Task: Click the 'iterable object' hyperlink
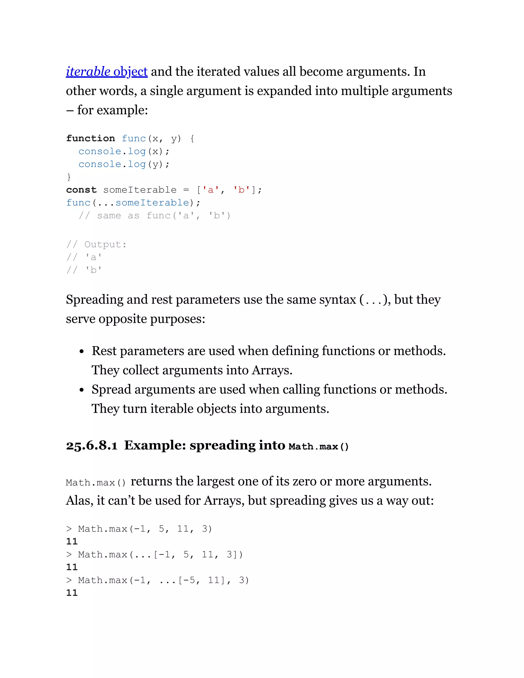click(x=106, y=72)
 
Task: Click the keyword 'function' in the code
click(x=90, y=138)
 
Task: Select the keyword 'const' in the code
click(x=81, y=190)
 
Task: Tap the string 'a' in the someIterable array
click(x=211, y=190)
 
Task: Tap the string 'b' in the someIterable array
click(x=242, y=190)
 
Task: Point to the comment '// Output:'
click(x=96, y=245)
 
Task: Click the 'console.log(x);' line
click(x=124, y=151)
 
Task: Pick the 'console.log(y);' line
click(x=124, y=164)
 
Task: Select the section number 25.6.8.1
click(x=92, y=446)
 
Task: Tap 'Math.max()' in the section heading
click(x=319, y=447)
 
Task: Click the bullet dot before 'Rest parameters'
click(x=82, y=352)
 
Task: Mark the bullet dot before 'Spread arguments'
click(x=82, y=390)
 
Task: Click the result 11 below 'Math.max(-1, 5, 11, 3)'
click(x=72, y=542)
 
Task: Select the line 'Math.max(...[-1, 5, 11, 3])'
click(x=160, y=555)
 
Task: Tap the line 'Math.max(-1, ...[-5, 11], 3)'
click(x=163, y=581)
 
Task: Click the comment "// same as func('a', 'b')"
click(x=154, y=216)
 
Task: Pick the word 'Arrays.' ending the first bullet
click(x=272, y=370)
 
